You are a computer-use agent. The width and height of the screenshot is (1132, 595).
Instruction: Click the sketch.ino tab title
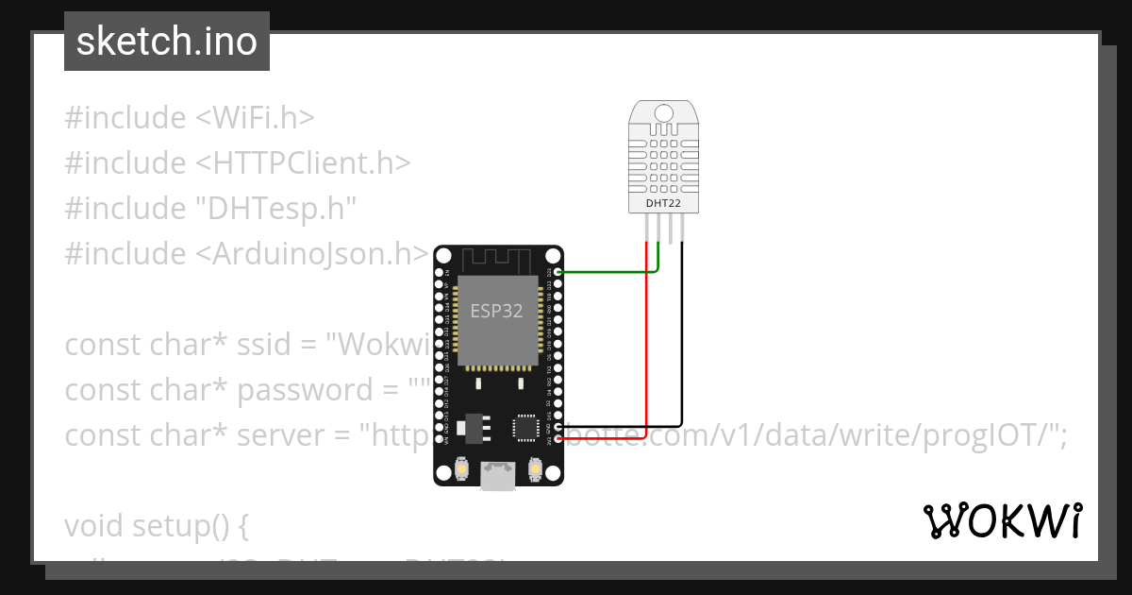tap(167, 42)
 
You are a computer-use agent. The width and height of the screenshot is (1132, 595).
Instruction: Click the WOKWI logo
tap(1003, 520)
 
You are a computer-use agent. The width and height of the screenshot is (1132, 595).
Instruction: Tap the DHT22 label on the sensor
tap(664, 202)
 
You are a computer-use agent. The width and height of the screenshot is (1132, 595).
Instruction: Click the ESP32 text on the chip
tap(497, 311)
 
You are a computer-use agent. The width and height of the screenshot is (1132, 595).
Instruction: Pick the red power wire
tap(646, 359)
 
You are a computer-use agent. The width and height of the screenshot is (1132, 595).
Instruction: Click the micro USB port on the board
tap(497, 477)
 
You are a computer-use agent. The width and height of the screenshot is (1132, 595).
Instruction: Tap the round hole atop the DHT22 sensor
tap(664, 114)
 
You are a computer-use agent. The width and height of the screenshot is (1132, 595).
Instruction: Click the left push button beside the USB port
tap(463, 467)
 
